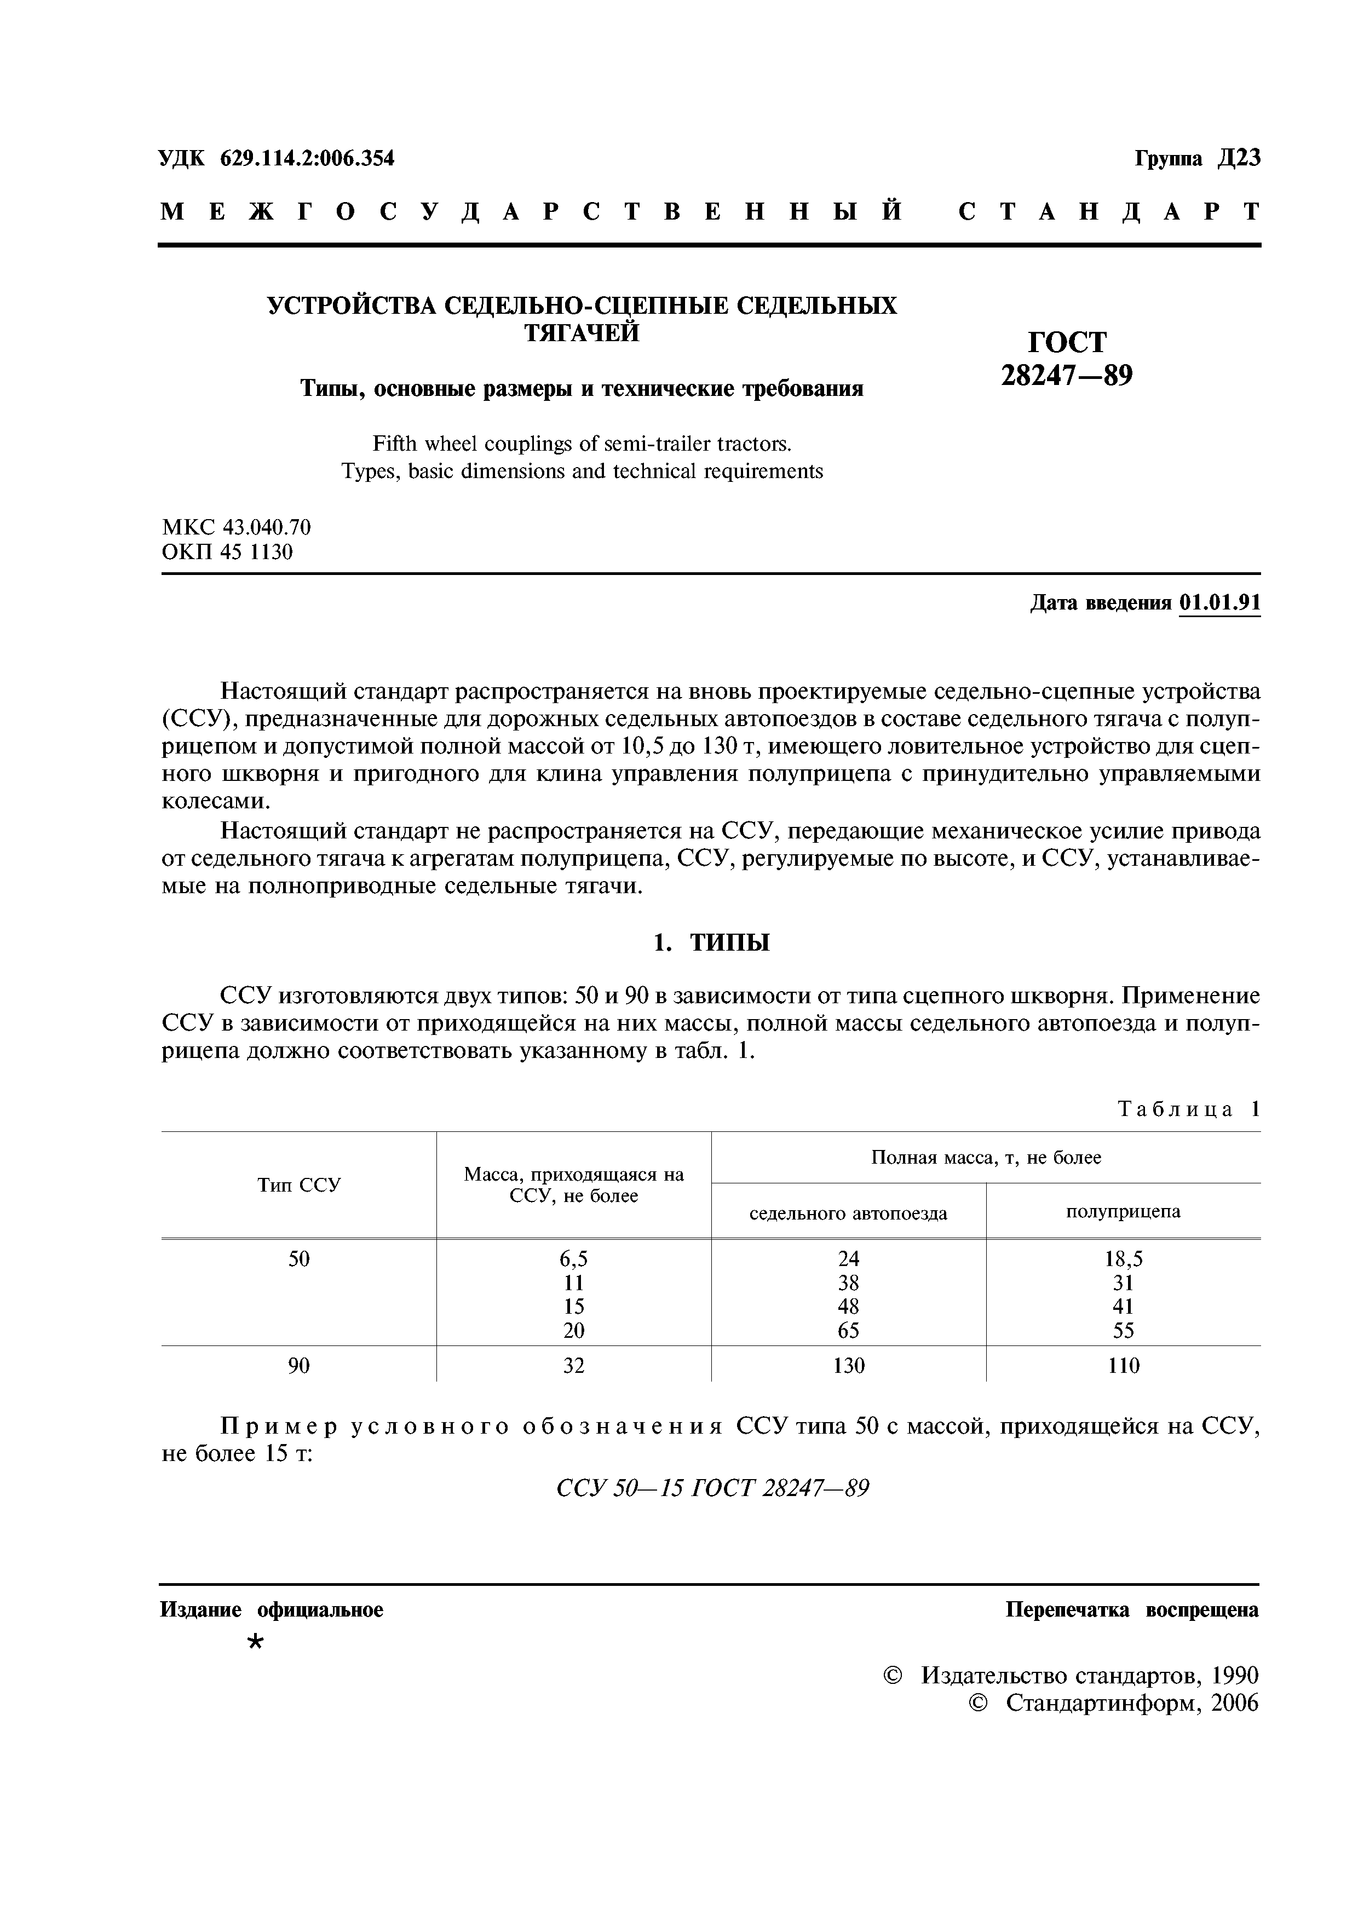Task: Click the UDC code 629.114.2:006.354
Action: (307, 158)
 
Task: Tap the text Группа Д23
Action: (1196, 158)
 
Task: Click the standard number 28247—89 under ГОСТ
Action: (1067, 377)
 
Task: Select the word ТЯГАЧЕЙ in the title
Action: (582, 333)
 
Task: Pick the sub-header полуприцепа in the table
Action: (1123, 1211)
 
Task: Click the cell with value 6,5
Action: (574, 1258)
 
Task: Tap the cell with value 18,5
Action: (1123, 1258)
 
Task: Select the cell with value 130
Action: (848, 1365)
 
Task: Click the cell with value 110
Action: (1123, 1365)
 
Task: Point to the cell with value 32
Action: (574, 1365)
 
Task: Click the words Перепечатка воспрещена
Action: (1131, 1610)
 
